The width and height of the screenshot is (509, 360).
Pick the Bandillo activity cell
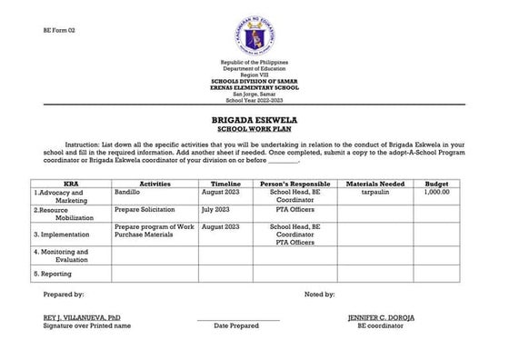(127, 193)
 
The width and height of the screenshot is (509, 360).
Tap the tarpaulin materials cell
(376, 193)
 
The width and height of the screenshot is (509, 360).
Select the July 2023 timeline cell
(215, 209)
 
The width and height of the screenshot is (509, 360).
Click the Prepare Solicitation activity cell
(145, 209)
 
